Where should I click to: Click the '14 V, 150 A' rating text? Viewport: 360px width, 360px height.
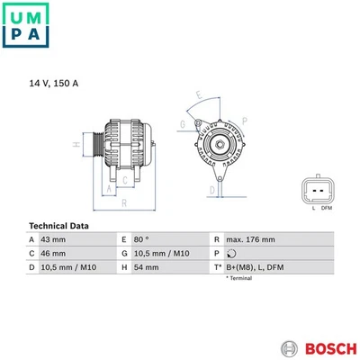53,83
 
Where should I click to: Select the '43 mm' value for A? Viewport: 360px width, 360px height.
55,240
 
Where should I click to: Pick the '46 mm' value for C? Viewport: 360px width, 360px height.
55,254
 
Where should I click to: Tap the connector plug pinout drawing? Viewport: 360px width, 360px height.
319,189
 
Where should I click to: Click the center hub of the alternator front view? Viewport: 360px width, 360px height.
218,142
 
